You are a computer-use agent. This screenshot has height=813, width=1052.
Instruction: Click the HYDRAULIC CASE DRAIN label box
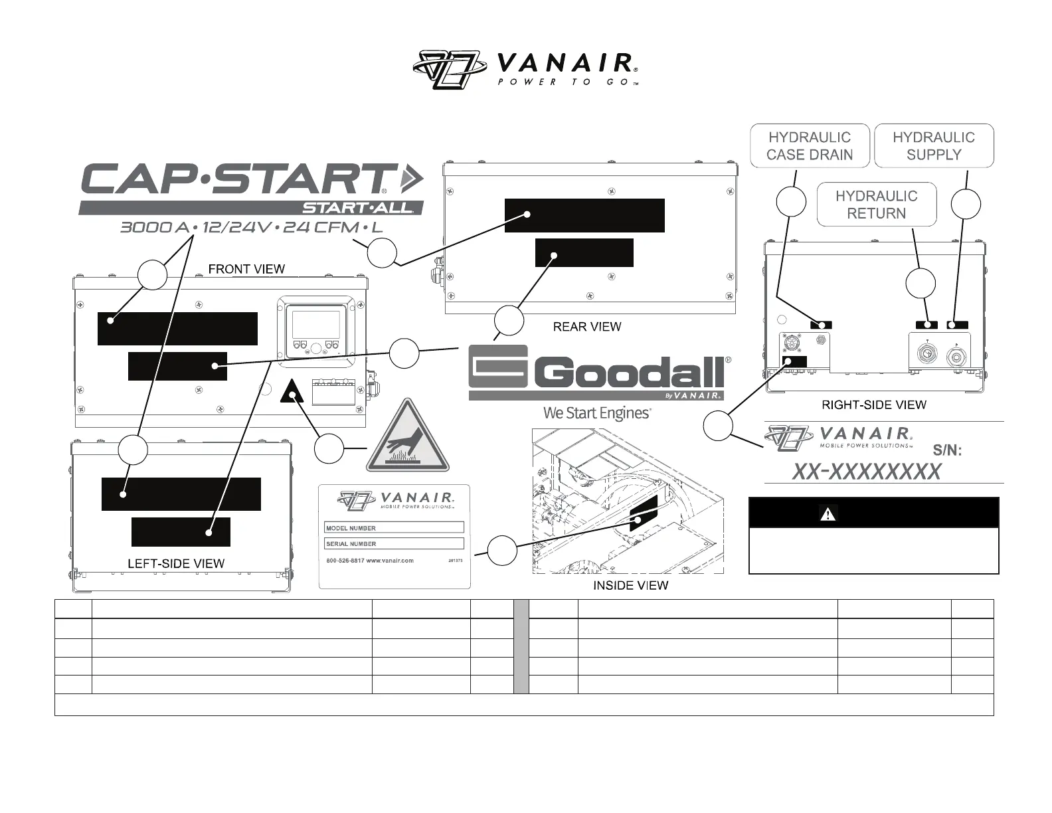pos(809,145)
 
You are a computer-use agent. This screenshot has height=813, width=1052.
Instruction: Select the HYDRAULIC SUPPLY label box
pos(933,145)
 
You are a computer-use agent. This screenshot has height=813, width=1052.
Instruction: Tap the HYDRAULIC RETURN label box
pos(876,205)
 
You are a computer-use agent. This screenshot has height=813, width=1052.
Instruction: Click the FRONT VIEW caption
pos(246,269)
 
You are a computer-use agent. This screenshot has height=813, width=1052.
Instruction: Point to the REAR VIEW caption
pos(587,327)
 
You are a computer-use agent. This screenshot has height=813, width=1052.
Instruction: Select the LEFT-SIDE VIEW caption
pos(176,564)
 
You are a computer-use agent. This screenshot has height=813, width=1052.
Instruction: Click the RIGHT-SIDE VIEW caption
pos(874,405)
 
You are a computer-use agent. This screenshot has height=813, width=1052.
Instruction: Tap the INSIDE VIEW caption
pos(630,585)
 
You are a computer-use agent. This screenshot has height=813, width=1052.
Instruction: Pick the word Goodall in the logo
pos(628,373)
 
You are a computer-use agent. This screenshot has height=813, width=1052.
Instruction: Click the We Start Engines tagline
pos(596,413)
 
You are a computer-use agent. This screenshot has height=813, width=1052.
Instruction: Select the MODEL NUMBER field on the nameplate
pos(394,528)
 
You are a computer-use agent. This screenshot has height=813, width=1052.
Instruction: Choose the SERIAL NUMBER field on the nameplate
pos(394,543)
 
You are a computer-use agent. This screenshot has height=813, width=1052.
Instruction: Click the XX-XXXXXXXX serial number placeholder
pos(867,472)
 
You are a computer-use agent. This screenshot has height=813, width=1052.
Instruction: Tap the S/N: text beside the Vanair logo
pos(947,450)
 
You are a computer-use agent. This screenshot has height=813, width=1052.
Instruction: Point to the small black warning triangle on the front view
pos(292,392)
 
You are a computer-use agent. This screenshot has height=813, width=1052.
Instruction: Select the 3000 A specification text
pos(155,228)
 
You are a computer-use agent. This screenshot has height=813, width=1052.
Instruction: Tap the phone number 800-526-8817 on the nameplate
pos(345,561)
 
